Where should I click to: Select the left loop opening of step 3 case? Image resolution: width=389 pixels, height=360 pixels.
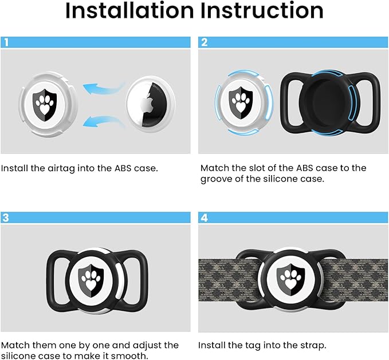pyautogui.click(x=58, y=279)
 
